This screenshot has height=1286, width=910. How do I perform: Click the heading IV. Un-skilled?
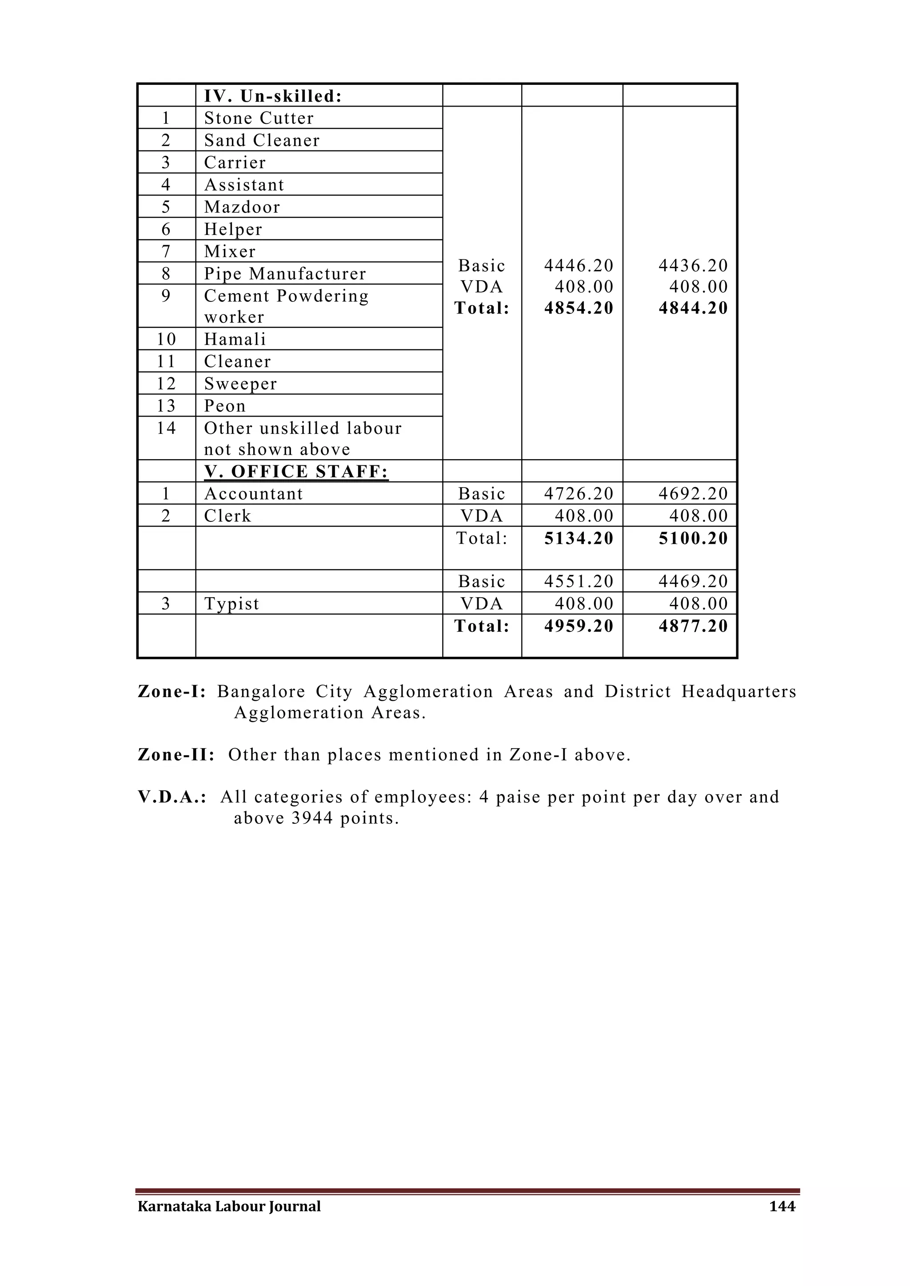[272, 96]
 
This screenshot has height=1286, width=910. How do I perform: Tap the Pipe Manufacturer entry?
[285, 274]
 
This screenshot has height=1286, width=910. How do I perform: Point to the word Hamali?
[235, 339]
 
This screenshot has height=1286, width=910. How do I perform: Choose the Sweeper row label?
[240, 384]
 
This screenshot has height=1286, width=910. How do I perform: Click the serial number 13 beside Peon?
[166, 406]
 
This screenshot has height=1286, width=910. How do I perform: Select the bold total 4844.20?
[693, 308]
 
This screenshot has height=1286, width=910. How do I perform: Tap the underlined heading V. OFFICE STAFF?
[296, 472]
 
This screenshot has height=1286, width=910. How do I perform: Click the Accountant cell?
[253, 494]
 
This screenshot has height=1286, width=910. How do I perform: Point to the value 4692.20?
[693, 494]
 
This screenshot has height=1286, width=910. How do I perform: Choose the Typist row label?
[231, 604]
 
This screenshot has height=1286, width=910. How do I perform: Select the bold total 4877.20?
[693, 626]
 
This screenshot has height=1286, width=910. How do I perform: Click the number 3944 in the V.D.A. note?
[313, 818]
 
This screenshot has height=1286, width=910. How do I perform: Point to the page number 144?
[782, 1207]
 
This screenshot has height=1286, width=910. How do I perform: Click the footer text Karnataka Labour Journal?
[229, 1207]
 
